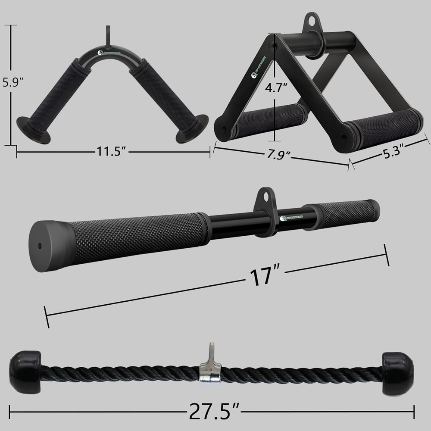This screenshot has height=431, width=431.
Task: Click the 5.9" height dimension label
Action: click(x=12, y=82)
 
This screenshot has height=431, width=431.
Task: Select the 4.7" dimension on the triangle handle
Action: click(x=275, y=89)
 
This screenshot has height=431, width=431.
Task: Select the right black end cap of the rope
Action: click(x=397, y=370)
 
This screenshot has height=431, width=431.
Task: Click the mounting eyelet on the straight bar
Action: click(x=265, y=199)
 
